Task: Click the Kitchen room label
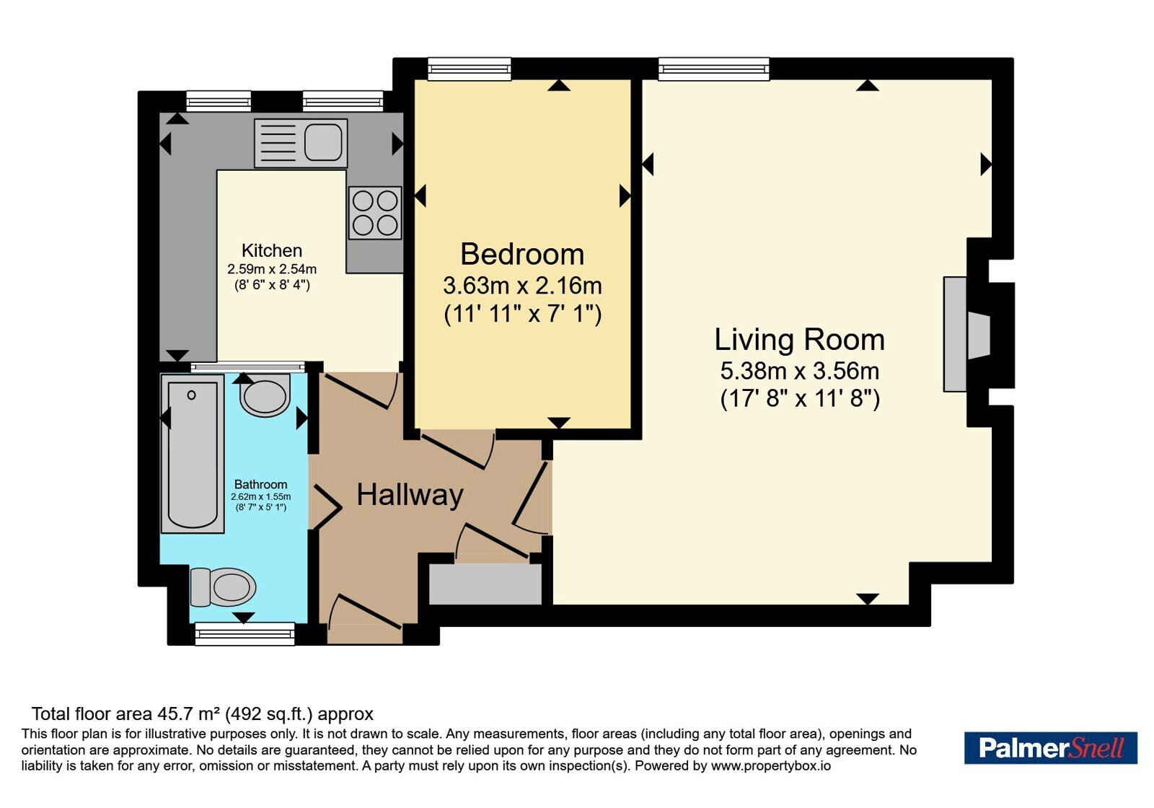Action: tap(271, 250)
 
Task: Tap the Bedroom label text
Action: tap(522, 254)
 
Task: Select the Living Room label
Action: tap(799, 340)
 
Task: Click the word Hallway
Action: tap(410, 495)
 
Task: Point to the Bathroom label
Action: tap(260, 484)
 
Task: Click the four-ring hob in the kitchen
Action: tap(375, 213)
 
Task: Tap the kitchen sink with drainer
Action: tap(301, 143)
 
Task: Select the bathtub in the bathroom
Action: tap(193, 454)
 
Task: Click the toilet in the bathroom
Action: tap(223, 587)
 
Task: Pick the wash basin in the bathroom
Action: tap(265, 395)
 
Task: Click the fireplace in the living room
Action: tap(967, 335)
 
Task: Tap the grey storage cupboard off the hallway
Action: tap(485, 584)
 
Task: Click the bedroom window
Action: tap(470, 69)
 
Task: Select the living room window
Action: tap(713, 69)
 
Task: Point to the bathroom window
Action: tap(245, 633)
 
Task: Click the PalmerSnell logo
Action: tap(1050, 747)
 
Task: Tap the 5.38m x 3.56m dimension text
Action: tap(799, 371)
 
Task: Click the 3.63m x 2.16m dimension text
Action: tap(522, 286)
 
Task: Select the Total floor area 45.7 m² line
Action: tap(203, 713)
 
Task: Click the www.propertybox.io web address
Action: tap(771, 765)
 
